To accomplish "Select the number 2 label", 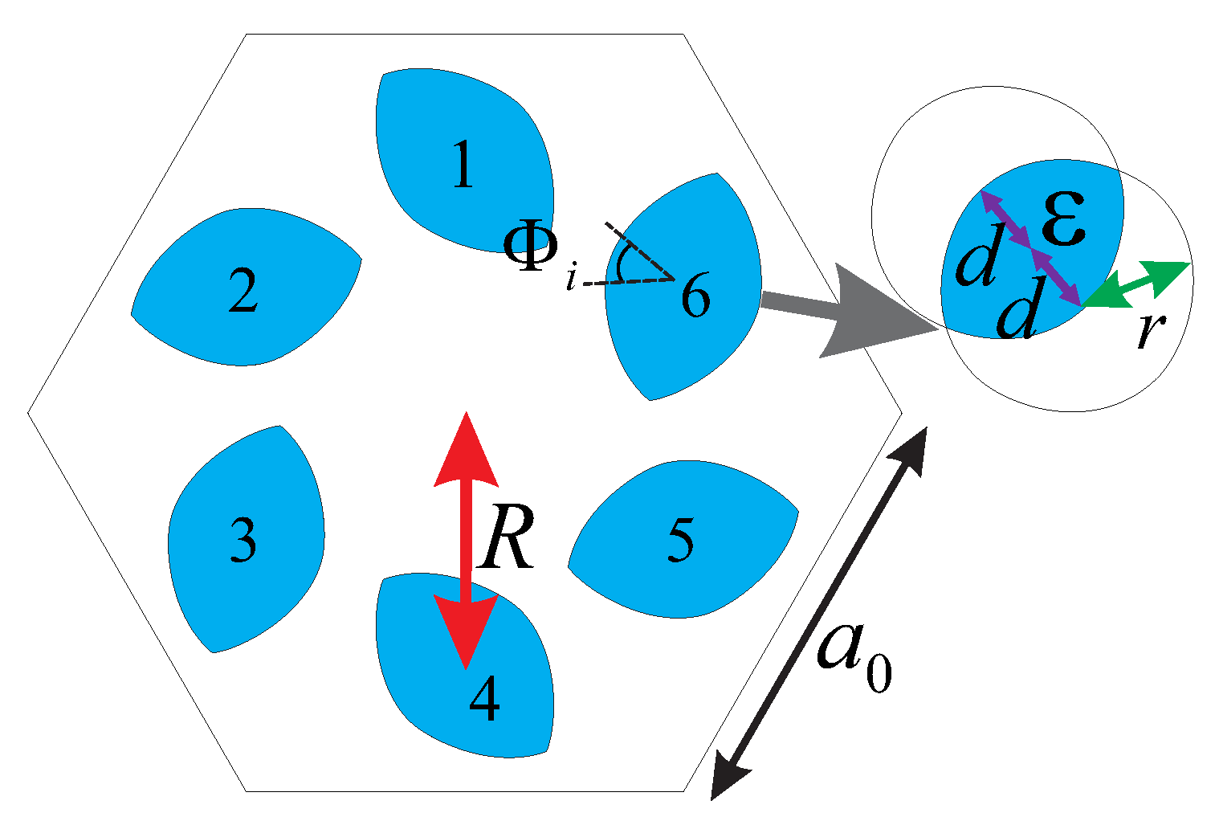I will point(243,291).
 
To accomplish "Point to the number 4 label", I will point(484,699).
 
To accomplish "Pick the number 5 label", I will point(680,539).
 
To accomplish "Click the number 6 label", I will point(695,297).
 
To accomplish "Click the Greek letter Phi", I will point(531,247).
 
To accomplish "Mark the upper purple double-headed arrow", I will point(1005,219).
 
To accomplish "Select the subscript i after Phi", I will point(571,280).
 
